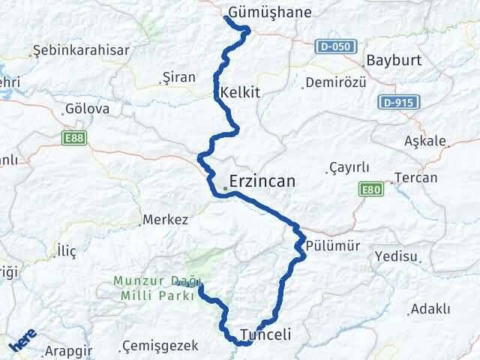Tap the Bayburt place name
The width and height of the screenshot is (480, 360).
coord(394,61)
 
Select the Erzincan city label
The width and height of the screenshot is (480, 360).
coord(262,181)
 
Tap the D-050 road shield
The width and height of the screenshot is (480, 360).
coord(333,46)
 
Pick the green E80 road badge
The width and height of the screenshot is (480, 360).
coord(370,190)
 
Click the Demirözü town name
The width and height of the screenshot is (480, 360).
coord(336,82)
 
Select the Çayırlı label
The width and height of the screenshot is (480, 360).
coord(349,167)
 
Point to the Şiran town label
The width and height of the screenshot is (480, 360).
coord(179,76)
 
